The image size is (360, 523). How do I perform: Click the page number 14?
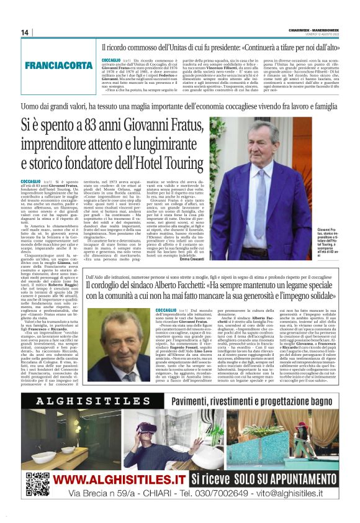tap(25, 32)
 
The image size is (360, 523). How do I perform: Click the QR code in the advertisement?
tap(37, 483)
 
